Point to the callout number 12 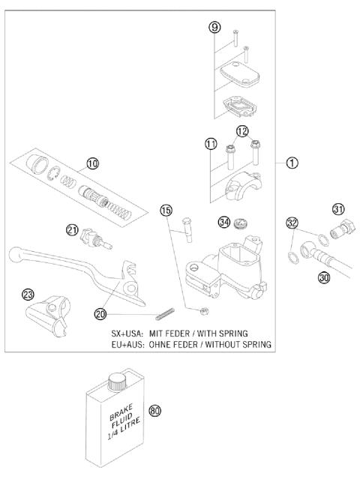[241, 132]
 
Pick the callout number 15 [166, 211]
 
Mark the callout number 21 [72, 229]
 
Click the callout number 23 [28, 295]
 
